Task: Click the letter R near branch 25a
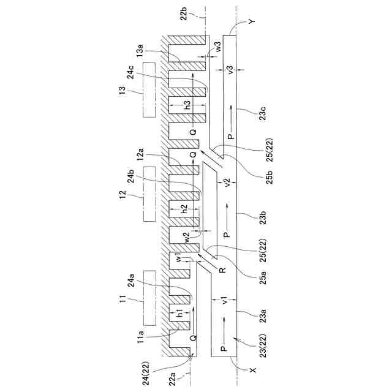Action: click(x=222, y=269)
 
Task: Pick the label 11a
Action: click(x=140, y=336)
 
